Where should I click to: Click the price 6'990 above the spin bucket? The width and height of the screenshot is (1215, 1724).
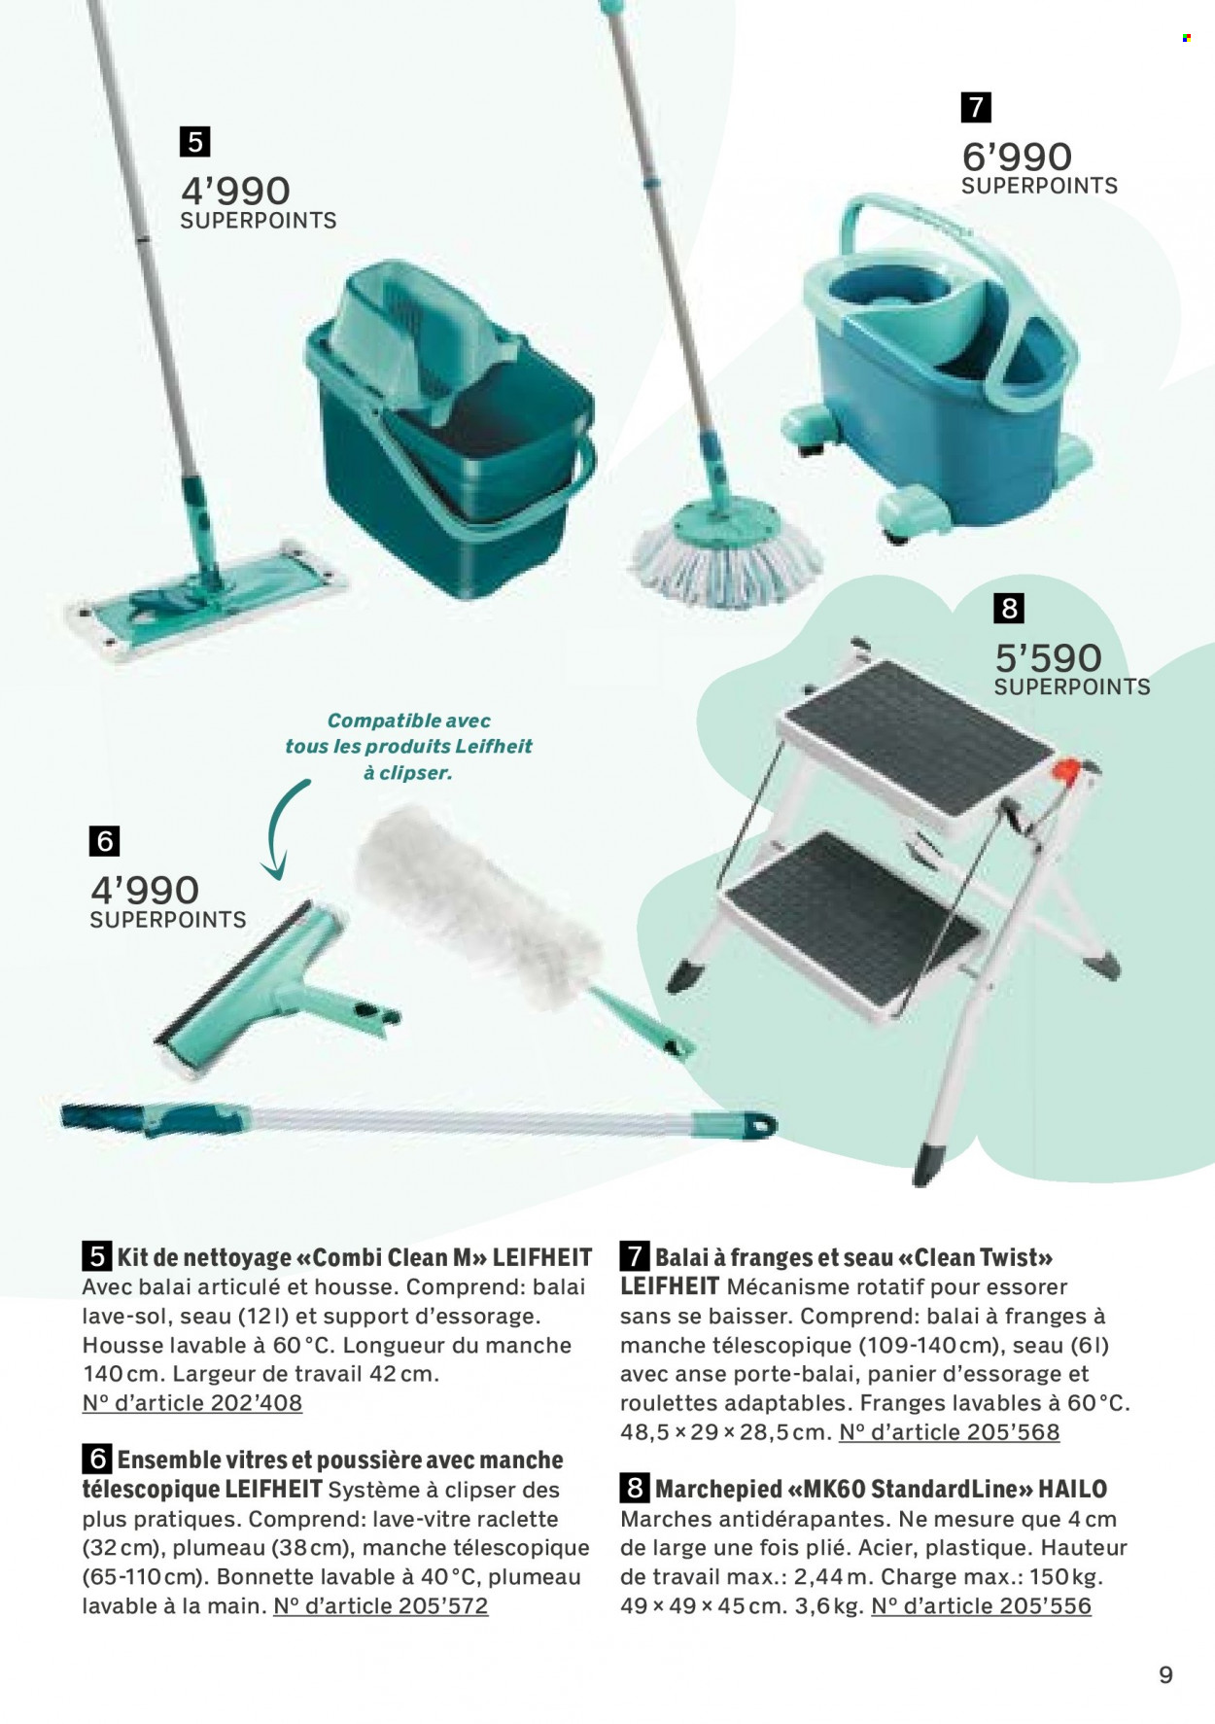pos(1016,158)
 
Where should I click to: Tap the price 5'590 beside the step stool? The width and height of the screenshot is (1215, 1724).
pos(1048,658)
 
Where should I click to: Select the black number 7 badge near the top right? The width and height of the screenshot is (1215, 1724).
pos(975,107)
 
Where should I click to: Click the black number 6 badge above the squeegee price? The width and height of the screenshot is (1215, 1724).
pos(104,840)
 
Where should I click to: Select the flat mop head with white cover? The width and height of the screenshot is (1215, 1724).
pos(207,602)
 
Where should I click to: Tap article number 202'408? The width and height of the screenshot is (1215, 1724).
pos(192,1403)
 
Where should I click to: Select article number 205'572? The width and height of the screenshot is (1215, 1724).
pos(381,1606)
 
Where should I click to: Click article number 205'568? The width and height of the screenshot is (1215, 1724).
pos(950,1432)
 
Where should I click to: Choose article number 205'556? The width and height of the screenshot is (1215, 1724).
pos(982,1606)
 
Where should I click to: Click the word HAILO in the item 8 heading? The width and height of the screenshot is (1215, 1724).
pos(1073,1489)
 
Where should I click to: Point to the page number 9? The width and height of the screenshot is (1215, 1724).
pos(1166,1674)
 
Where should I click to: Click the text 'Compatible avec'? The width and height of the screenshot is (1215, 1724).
pos(408,721)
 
